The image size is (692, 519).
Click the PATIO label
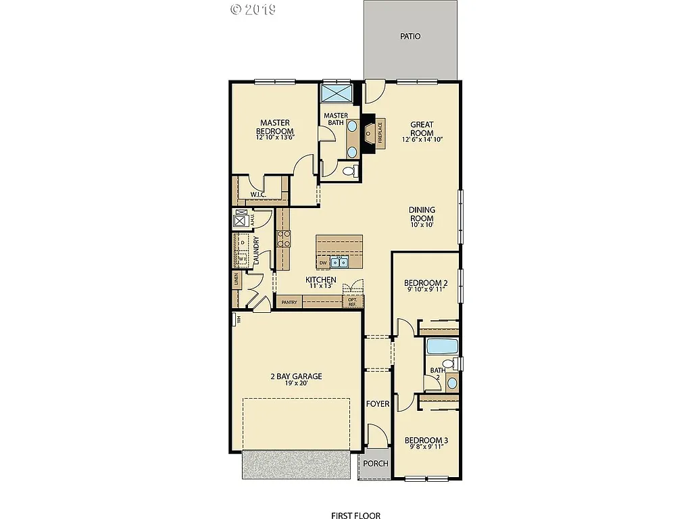[410, 36]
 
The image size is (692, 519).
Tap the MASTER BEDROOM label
[275, 127]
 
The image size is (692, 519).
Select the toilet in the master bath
[349, 172]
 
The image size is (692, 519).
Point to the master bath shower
[336, 93]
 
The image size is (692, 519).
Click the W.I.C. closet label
[257, 195]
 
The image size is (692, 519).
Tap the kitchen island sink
[339, 262]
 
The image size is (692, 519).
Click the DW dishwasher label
[323, 263]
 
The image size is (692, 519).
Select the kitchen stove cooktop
[284, 238]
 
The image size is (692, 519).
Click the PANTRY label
[289, 302]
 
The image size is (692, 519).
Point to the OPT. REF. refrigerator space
[353, 301]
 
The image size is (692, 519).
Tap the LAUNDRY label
[256, 251]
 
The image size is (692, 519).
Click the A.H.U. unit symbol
[240, 218]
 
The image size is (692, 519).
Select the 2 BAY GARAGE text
[296, 376]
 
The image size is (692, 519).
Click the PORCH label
[375, 463]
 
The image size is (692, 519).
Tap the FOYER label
[378, 403]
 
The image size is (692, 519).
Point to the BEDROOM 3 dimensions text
[426, 447]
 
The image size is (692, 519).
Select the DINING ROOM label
[422, 214]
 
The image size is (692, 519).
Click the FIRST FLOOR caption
[355, 516]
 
